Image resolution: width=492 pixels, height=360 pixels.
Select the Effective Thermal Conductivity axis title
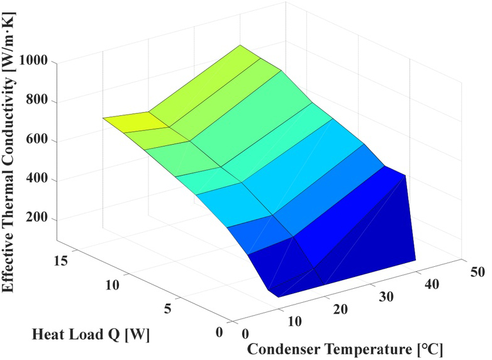pos(10,155)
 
